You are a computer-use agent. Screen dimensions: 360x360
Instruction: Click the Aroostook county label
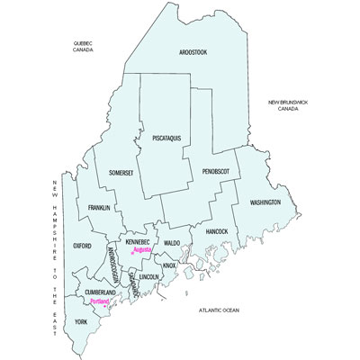point(193,53)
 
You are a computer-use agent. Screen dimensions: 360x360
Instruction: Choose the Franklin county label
point(99,208)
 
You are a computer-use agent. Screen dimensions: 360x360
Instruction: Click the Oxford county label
point(83,245)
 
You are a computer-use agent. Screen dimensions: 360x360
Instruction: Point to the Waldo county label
point(172,243)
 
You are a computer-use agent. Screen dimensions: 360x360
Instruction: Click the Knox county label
point(169,265)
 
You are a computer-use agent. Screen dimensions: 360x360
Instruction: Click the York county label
point(82,321)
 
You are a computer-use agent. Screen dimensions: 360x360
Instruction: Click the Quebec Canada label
point(84,47)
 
